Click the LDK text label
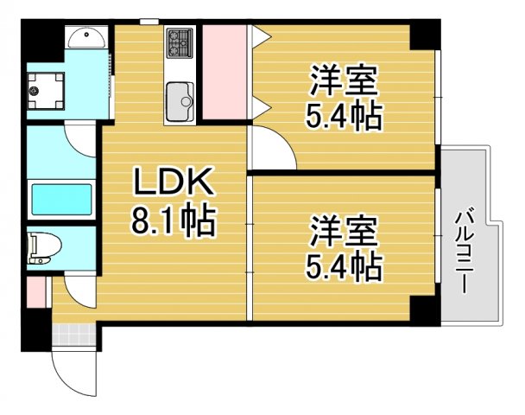[x=172, y=183]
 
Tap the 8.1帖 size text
[x=172, y=223]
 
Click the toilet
[x=43, y=246]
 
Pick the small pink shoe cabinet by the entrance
[x=35, y=290]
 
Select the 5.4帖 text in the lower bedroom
[x=343, y=267]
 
